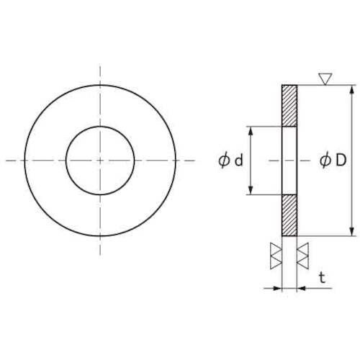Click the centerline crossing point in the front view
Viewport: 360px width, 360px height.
click(100, 161)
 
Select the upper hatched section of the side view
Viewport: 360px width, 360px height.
click(289, 106)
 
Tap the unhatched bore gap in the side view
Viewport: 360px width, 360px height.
click(289, 161)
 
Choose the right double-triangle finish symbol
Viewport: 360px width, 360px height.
click(303, 255)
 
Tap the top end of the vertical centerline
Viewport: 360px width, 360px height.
click(100, 66)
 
